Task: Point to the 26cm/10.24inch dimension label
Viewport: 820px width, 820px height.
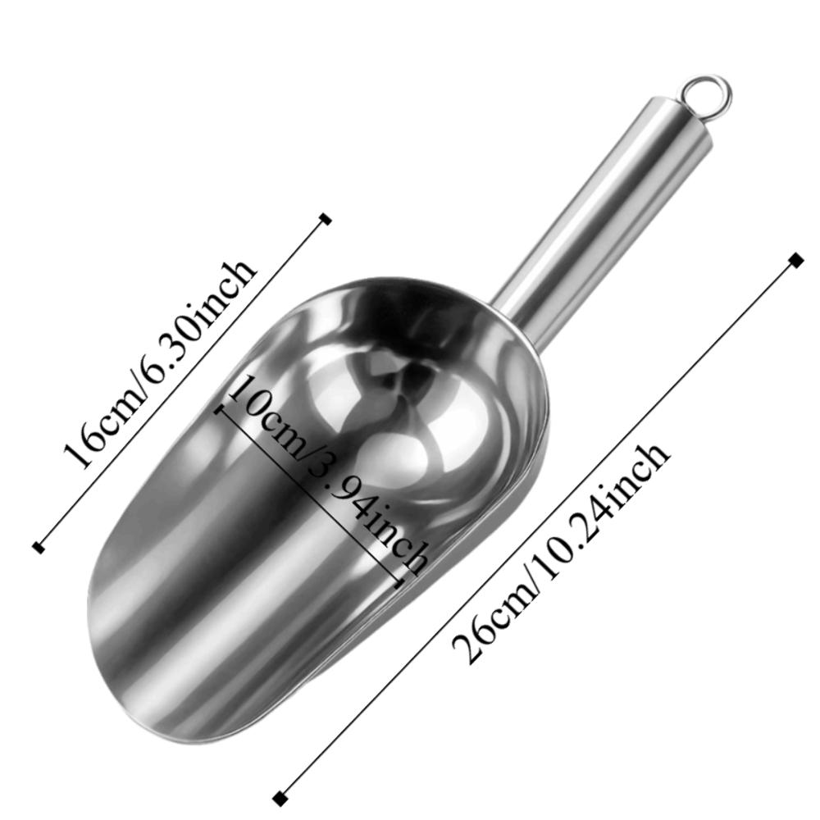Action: (562, 553)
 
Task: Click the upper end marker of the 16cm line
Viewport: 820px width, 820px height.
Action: (326, 218)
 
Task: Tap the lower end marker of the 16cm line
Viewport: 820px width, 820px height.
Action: (38, 547)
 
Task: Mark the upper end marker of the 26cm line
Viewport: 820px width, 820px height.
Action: (795, 260)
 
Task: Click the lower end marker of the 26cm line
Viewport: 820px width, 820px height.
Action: (281, 797)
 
